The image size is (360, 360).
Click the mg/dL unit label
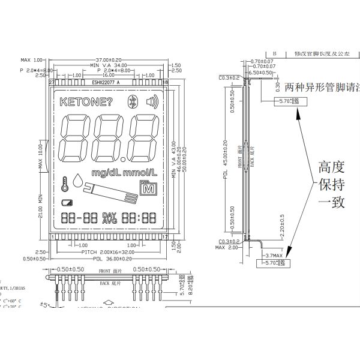click(x=106, y=173)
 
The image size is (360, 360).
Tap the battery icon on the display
click(x=66, y=202)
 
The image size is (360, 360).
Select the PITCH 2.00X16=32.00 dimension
click(x=108, y=252)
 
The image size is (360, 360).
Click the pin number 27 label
click(x=52, y=82)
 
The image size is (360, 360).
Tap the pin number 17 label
click(x=164, y=236)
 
